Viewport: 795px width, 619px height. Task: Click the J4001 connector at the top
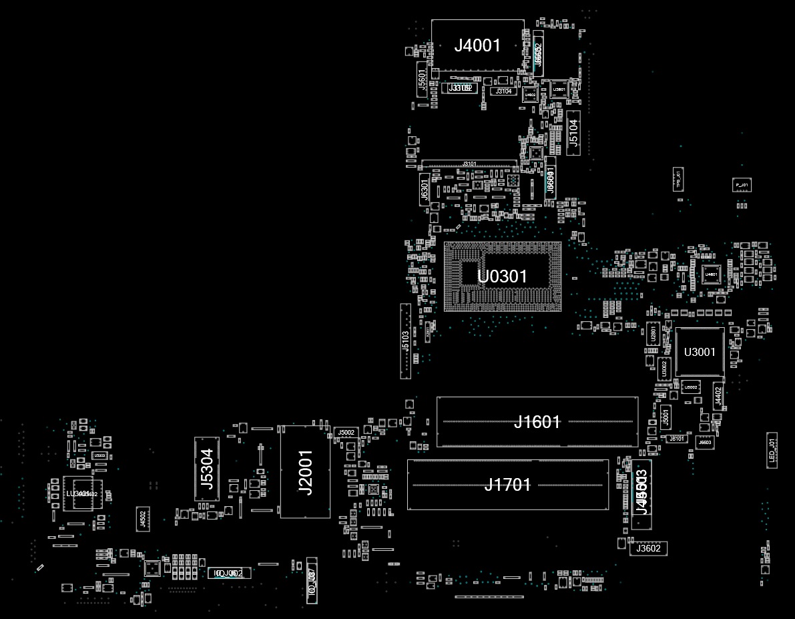click(477, 45)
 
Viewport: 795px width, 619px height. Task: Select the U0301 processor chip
click(502, 276)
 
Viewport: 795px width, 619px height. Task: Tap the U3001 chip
click(700, 352)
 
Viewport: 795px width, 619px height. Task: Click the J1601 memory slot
click(537, 422)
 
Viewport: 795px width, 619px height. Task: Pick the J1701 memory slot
click(507, 485)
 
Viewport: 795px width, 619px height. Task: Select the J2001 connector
click(305, 472)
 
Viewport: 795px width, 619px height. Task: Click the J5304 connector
click(206, 469)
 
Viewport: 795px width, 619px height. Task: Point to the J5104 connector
click(573, 133)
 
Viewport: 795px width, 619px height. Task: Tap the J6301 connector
click(424, 189)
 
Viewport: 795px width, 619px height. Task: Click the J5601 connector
click(422, 79)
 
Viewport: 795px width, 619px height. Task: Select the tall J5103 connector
click(405, 341)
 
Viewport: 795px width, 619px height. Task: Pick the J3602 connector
click(648, 548)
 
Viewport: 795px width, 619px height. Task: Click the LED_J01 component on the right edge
click(772, 450)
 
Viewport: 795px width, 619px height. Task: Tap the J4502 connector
click(142, 518)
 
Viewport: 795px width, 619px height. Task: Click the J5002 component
click(346, 433)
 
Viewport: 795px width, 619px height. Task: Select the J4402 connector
click(718, 397)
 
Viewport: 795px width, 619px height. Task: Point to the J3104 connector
click(504, 91)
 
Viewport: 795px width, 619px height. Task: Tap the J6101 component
click(677, 439)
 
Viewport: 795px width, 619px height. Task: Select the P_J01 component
click(741, 184)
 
